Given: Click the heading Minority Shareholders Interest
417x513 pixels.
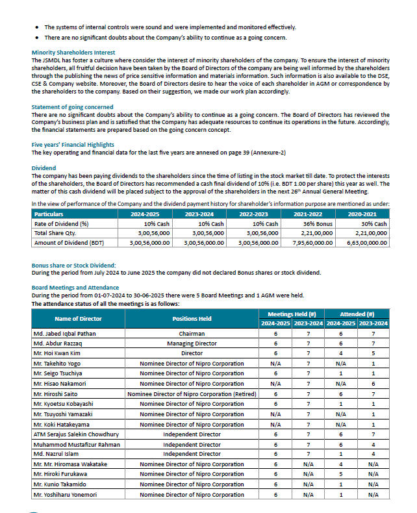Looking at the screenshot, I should (x=73, y=53).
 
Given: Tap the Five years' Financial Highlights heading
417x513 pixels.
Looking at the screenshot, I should (x=73, y=145).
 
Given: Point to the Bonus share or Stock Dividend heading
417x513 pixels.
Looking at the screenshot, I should (x=73, y=265).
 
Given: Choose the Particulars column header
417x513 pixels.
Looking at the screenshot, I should (x=49, y=214).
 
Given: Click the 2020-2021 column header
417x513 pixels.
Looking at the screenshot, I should (x=362, y=214).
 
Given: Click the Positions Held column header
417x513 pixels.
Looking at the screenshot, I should (x=192, y=319).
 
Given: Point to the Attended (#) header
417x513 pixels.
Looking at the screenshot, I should (x=357, y=314).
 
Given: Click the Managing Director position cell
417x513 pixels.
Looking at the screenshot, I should (x=192, y=343).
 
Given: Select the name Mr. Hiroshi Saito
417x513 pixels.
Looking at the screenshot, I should (x=57, y=394).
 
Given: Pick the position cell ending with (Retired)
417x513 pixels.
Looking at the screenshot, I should (x=192, y=394).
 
